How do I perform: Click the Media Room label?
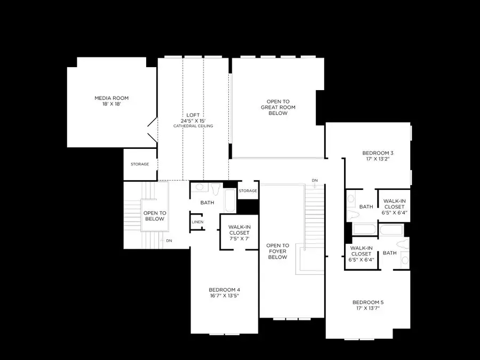click(x=111, y=98)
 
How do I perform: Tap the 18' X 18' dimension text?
click(x=111, y=104)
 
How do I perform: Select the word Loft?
click(x=193, y=115)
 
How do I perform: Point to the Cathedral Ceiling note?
click(x=193, y=126)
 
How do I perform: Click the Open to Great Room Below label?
click(x=278, y=107)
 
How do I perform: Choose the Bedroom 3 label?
click(x=378, y=153)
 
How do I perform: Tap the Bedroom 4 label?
click(x=225, y=290)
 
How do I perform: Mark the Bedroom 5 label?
click(x=368, y=302)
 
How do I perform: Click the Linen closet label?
click(x=197, y=222)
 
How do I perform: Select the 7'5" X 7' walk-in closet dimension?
click(x=239, y=238)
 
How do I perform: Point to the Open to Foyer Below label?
click(x=277, y=251)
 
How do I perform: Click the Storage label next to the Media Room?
click(x=140, y=164)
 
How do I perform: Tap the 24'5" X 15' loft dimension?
click(x=193, y=121)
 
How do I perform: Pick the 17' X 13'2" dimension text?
click(x=378, y=159)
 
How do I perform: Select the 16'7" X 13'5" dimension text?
click(x=224, y=295)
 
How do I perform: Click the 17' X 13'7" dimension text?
click(x=368, y=308)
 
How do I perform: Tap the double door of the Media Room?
click(x=152, y=130)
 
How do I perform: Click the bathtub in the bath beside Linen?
click(x=230, y=201)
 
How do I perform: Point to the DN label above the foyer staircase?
click(x=315, y=180)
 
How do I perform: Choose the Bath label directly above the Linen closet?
click(x=207, y=203)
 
